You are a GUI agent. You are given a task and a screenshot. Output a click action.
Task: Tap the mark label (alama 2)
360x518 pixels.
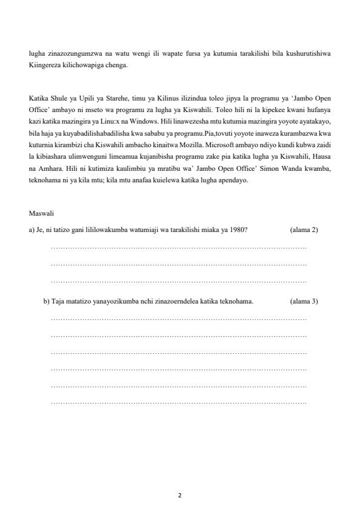[x=304, y=230]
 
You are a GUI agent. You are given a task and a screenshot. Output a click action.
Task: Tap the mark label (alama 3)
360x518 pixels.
[x=304, y=301]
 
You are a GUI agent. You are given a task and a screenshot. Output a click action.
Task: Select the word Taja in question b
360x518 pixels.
[x=58, y=301]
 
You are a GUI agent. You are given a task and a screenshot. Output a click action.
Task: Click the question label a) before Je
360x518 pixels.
[x=32, y=230]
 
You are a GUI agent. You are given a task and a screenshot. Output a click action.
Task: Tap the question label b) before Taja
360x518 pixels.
[x=47, y=301]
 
